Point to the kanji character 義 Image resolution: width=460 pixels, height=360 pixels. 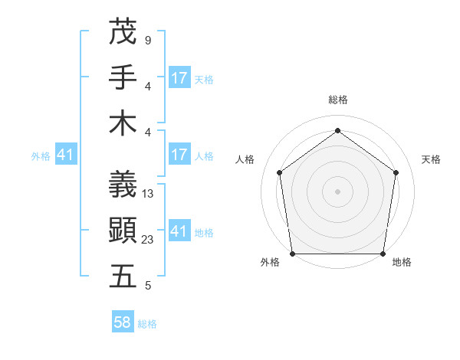[123, 183]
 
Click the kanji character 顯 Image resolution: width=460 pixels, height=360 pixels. [123, 230]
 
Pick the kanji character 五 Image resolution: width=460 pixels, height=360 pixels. [123, 277]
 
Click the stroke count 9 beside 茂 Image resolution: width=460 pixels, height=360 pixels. [147, 40]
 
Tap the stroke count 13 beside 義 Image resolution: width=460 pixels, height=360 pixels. [149, 194]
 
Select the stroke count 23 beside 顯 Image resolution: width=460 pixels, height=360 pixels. [149, 240]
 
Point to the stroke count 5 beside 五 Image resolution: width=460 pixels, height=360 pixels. [147, 286]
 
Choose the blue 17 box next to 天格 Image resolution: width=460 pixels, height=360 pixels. [179, 78]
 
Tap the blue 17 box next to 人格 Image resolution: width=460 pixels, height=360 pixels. [179, 155]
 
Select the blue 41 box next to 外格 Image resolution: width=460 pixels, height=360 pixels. [65, 155]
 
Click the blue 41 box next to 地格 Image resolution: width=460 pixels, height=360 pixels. [179, 231]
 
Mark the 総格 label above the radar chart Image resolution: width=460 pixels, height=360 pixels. [337, 100]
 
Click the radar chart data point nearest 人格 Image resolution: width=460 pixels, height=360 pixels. [279, 172]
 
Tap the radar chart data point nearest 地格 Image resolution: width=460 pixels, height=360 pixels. [383, 254]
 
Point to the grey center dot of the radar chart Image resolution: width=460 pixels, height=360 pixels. [337, 191]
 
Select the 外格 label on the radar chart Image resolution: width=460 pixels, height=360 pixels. [271, 263]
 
